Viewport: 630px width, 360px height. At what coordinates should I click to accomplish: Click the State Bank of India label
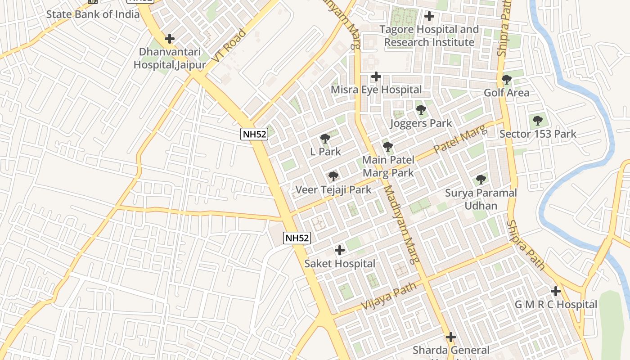[x=93, y=14]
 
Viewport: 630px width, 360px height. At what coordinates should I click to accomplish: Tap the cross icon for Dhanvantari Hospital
[x=169, y=39]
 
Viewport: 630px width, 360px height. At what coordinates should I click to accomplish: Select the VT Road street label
[x=229, y=46]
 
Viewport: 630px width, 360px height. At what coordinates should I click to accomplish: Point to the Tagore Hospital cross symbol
[x=429, y=16]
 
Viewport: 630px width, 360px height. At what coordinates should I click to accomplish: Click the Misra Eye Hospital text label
[x=376, y=90]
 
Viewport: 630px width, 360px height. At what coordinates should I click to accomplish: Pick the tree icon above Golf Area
[x=506, y=80]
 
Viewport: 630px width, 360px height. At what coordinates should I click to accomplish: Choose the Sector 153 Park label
[x=538, y=134]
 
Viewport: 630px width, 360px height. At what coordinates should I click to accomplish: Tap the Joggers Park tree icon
[x=421, y=109]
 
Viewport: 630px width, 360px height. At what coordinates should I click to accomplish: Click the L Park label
[x=325, y=152]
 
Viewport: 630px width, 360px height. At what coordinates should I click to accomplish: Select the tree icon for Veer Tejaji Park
[x=333, y=176]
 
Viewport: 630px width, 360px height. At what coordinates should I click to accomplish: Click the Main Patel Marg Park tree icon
[x=387, y=146]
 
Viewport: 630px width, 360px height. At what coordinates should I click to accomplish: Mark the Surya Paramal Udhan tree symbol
[x=481, y=180]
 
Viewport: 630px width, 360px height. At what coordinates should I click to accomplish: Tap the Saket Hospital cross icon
[x=340, y=250]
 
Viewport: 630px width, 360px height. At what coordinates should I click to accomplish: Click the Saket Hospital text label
[x=340, y=264]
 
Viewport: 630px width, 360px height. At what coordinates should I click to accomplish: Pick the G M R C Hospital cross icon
[x=556, y=291]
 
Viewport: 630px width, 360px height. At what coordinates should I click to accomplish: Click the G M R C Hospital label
[x=556, y=305]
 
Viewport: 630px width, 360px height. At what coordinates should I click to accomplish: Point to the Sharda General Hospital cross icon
[x=451, y=337]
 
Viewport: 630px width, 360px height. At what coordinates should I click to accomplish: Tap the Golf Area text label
[x=506, y=93]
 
